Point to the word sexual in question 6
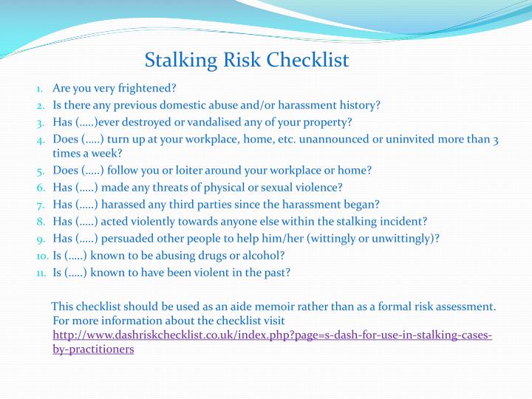coord(274,187)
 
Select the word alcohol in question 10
coord(266,255)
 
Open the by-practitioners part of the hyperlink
coord(93,349)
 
